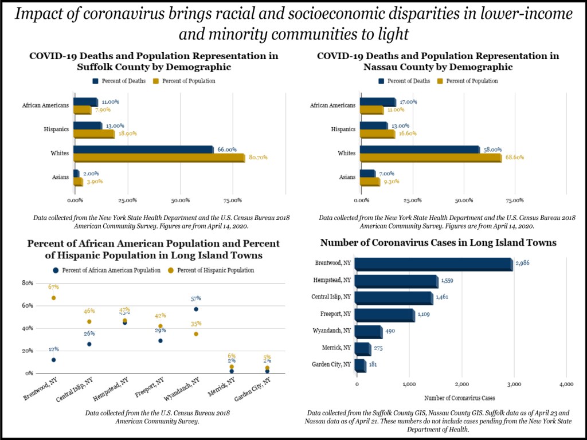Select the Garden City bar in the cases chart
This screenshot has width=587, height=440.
tap(360, 366)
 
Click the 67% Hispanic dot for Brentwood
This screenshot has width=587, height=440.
tap(53, 298)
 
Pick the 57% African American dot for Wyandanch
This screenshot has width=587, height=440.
tap(196, 309)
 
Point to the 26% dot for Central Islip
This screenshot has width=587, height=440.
tap(89, 344)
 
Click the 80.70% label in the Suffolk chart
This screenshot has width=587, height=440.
tap(257, 158)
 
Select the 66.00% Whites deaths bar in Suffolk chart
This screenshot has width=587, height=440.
tap(143, 150)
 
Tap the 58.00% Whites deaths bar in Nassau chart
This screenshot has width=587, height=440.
tap(419, 150)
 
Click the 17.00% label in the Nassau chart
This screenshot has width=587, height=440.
tap(408, 102)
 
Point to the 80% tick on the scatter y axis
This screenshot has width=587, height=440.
tap(27, 283)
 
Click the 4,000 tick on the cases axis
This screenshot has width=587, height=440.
tap(566, 384)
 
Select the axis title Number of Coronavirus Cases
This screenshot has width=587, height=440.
tap(460, 398)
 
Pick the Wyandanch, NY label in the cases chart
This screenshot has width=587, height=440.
tap(332, 332)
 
